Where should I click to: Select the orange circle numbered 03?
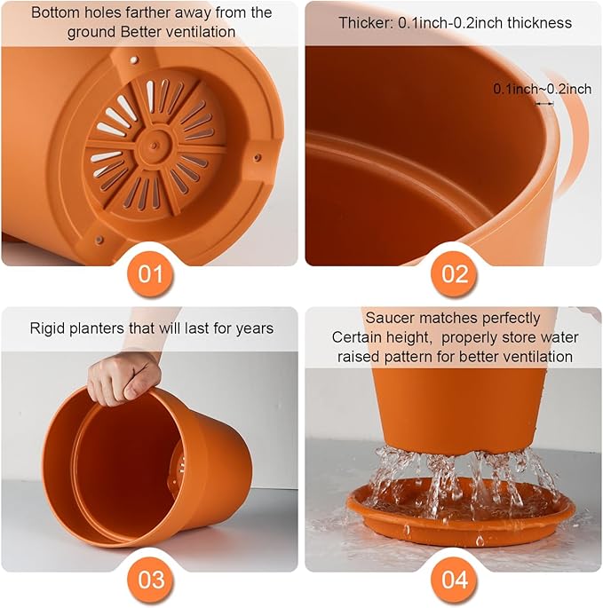[150, 580]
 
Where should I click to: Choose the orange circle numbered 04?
[454, 580]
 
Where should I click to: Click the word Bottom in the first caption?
[56, 13]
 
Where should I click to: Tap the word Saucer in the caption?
[388, 318]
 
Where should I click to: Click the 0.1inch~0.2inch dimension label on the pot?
[542, 89]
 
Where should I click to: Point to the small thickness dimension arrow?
[543, 103]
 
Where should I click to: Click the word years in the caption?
[254, 328]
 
